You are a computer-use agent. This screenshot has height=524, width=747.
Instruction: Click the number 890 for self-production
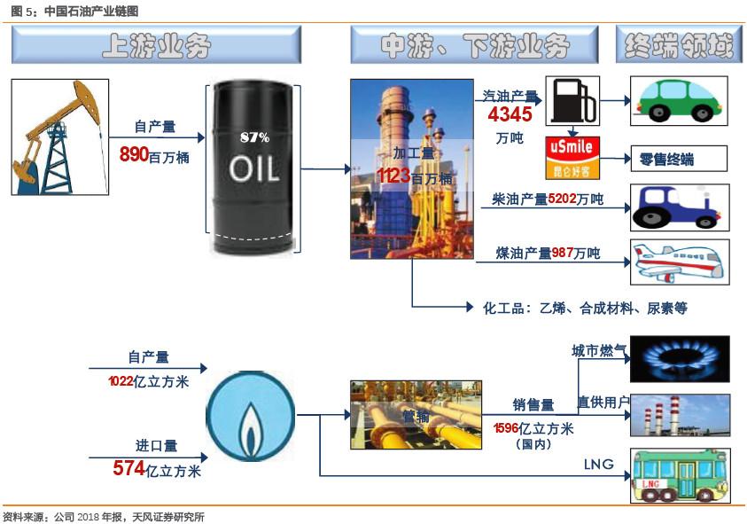[134, 154]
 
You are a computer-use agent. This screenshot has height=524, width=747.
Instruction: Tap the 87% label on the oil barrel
[254, 137]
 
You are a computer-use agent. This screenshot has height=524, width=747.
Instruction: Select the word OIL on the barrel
[254, 168]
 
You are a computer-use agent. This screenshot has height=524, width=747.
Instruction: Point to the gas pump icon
[571, 101]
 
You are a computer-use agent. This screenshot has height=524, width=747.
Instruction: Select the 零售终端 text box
[678, 160]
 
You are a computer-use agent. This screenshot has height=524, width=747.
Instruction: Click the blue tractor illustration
[680, 207]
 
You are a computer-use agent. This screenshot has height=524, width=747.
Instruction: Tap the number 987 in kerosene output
[563, 254]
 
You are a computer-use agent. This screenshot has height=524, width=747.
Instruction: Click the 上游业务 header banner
[157, 45]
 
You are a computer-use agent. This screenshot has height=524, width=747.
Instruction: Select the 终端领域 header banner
[679, 45]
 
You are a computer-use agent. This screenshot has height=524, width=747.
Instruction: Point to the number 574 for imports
[129, 469]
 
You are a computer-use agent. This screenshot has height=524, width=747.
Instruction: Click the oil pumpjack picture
[59, 137]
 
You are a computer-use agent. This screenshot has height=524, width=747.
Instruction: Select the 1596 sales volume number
[506, 429]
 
